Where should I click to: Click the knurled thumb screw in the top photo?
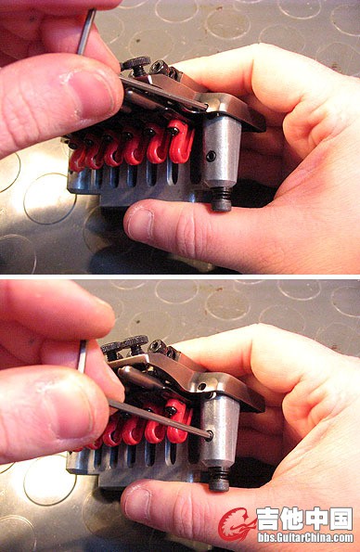tap(135, 64)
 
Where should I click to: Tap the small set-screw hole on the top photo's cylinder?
tap(211, 156)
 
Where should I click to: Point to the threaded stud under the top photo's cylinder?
tap(222, 199)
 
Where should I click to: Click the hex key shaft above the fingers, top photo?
tap(86, 32)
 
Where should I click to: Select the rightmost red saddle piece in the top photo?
tap(181, 142)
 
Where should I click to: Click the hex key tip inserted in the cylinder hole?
tap(209, 435)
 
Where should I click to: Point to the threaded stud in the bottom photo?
tap(220, 479)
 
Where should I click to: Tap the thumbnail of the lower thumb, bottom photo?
tap(137, 505)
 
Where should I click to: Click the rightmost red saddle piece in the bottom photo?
tap(179, 420)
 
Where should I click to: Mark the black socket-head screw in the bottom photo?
tap(158, 347)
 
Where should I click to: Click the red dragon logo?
tap(236, 524)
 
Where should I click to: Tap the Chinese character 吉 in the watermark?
tap(269, 519)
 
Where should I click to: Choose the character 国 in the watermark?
tap(341, 519)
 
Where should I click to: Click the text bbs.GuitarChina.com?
tap(305, 537)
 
